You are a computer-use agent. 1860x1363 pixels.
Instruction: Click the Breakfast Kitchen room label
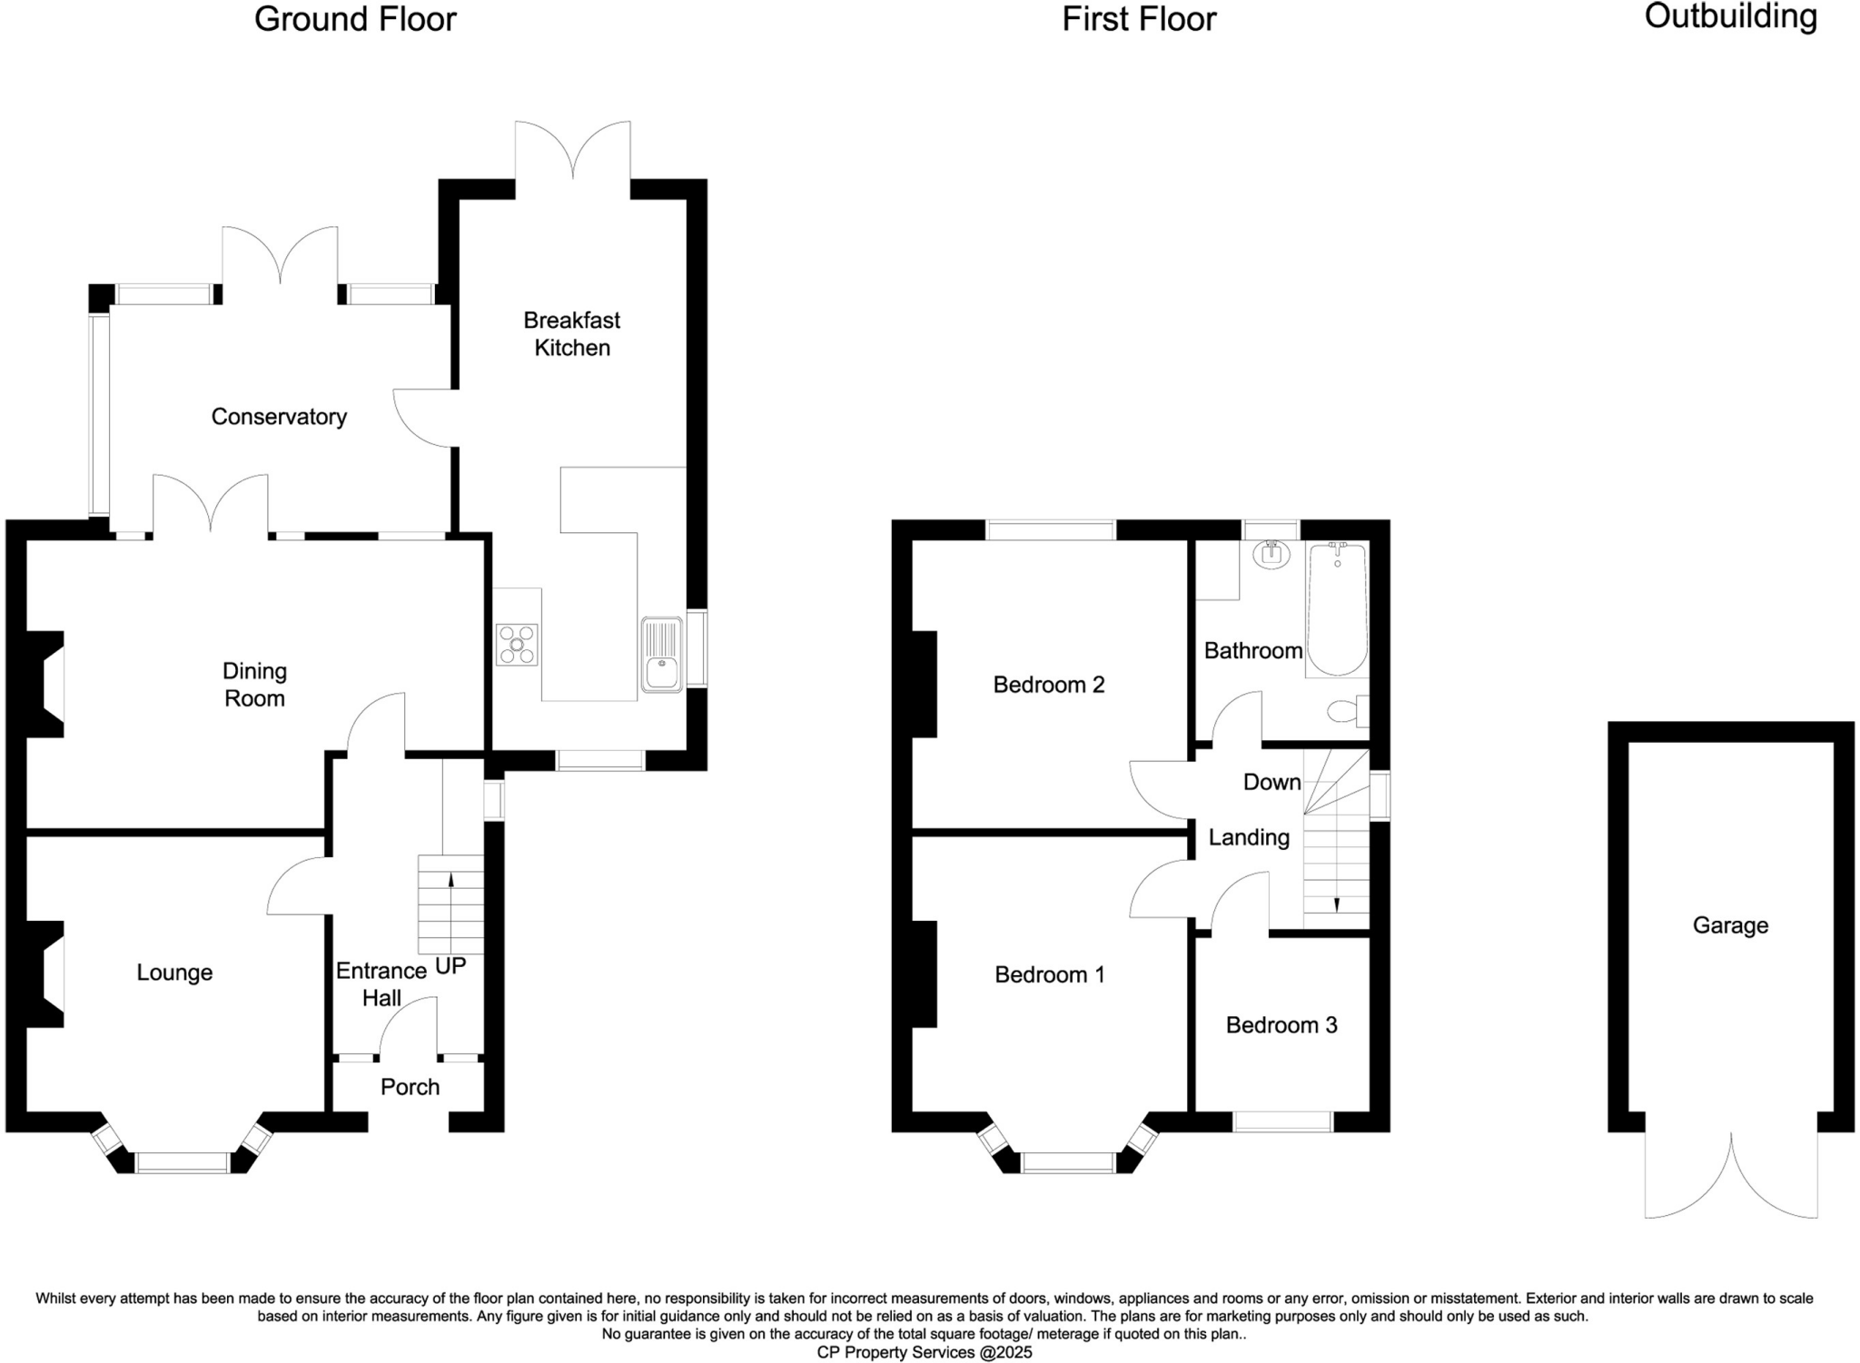pos(571,333)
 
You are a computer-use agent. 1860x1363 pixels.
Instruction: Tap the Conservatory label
pos(279,417)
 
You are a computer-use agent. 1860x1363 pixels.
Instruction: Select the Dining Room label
pos(254,685)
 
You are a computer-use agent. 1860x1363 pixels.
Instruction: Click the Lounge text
pos(174,973)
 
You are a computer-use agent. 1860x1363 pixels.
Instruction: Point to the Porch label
pos(410,1087)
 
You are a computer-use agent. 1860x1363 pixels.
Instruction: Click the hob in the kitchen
pos(517,645)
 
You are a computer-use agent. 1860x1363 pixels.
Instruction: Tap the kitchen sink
pos(661,655)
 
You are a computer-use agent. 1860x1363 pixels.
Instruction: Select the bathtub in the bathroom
pos(1337,608)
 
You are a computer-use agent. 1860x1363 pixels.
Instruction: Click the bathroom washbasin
pos(1271,554)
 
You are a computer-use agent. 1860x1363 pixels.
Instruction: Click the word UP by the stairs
pos(450,967)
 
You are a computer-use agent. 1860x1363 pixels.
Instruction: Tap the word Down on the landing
pos(1271,782)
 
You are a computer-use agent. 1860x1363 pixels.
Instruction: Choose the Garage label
pos(1730,925)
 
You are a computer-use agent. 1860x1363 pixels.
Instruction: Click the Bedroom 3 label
pos(1281,1025)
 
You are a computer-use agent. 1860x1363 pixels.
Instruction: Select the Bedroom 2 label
pos(1049,685)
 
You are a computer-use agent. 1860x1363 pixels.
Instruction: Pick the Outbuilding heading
pos(1730,16)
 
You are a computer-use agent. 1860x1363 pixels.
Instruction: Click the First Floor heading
pos(1139,19)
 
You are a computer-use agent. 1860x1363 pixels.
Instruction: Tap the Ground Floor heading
pos(355,19)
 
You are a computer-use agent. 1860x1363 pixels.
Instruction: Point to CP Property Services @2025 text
pos(925,1352)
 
